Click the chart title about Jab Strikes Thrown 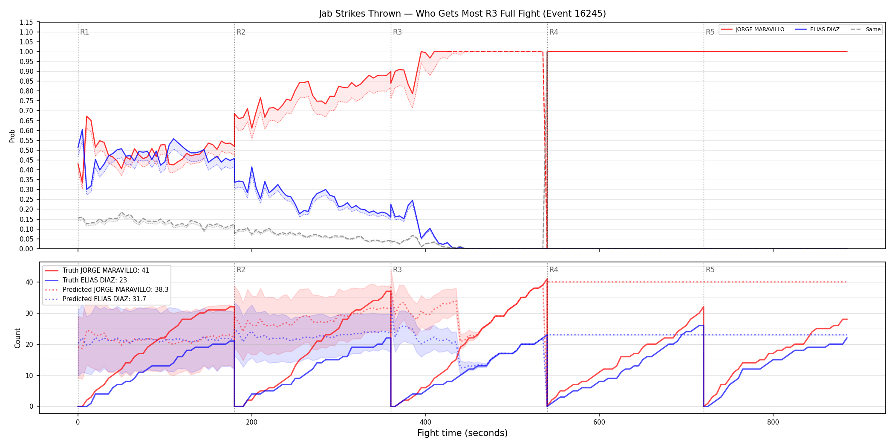click(462, 14)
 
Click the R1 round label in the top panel click(84, 32)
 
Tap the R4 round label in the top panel click(554, 32)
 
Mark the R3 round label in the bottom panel click(397, 270)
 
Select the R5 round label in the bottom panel click(710, 270)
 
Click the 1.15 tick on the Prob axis click(26, 22)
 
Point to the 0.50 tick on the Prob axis click(26, 150)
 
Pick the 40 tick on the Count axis click(29, 282)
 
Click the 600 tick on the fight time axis click(599, 422)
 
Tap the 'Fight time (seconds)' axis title click(462, 433)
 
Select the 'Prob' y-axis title click(12, 136)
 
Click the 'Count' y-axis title click(17, 338)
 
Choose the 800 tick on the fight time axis click(773, 422)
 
